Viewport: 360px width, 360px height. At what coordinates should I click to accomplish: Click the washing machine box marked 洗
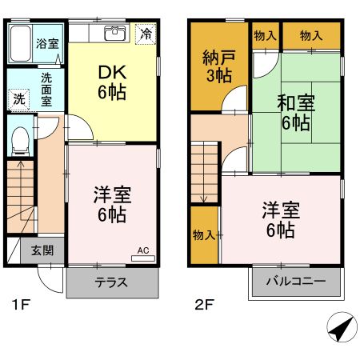coord(18,100)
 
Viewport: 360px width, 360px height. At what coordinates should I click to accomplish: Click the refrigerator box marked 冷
coord(146,34)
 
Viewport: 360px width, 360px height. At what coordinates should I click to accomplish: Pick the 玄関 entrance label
coord(43,250)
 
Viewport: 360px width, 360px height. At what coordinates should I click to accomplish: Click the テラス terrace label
coord(112,282)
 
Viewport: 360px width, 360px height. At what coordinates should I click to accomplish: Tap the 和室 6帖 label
coord(294,112)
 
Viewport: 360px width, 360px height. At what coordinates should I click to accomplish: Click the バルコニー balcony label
coord(296,282)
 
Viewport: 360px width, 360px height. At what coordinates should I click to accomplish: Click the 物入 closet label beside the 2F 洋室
coord(203,234)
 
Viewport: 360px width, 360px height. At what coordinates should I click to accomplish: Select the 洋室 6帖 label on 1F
coord(111,206)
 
